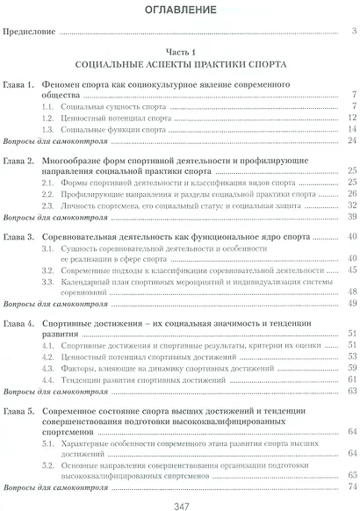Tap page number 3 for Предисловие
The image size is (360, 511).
(351, 34)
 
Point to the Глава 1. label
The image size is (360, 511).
(19, 84)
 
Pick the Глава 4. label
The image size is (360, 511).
(19, 324)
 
